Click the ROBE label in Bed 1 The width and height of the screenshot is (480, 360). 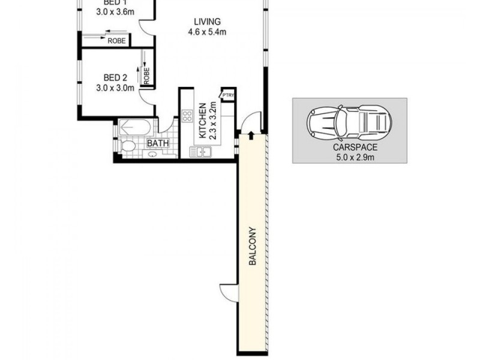pos(116,40)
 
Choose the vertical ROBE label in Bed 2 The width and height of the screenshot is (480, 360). pos(146,74)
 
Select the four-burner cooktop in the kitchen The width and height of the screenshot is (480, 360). pos(187,116)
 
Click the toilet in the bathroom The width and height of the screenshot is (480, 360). pos(128,146)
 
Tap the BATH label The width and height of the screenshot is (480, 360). pos(158,143)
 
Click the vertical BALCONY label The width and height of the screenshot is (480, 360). pos(253,246)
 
